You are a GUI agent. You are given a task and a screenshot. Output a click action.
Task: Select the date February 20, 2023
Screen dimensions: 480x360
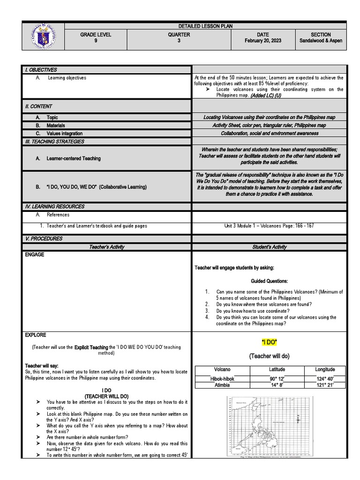tap(269, 41)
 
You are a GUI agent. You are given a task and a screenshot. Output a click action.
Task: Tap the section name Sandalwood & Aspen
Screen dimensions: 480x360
tap(321, 41)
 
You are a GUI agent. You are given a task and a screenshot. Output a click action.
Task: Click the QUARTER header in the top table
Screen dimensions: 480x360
tap(179, 35)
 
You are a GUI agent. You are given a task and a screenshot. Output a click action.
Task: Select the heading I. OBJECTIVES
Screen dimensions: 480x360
tap(41, 70)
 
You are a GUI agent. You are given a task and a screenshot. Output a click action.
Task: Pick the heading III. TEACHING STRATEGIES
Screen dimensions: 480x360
tap(54, 142)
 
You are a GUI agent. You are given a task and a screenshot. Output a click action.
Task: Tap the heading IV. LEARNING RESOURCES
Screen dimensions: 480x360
tap(55, 206)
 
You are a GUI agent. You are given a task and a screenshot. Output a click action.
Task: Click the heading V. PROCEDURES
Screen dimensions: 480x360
tap(44, 239)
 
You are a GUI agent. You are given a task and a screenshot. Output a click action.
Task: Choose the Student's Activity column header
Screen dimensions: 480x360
tap(269, 247)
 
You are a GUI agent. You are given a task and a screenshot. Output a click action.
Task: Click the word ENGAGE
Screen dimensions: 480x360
tap(35, 255)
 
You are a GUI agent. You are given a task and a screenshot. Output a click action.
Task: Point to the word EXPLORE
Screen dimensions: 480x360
tap(36, 335)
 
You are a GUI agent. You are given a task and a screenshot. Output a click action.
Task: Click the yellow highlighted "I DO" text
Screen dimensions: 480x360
tap(269, 343)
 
